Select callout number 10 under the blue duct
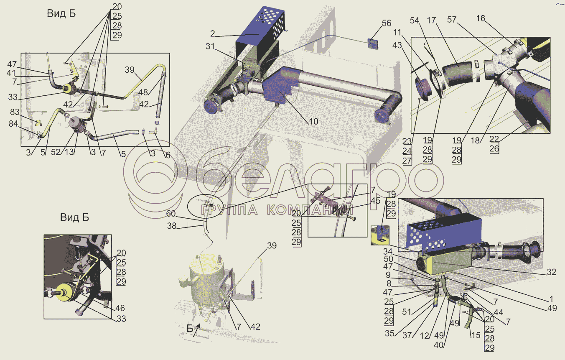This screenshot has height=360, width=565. [313, 122]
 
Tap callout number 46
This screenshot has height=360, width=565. [120, 308]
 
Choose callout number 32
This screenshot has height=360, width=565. [551, 272]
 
